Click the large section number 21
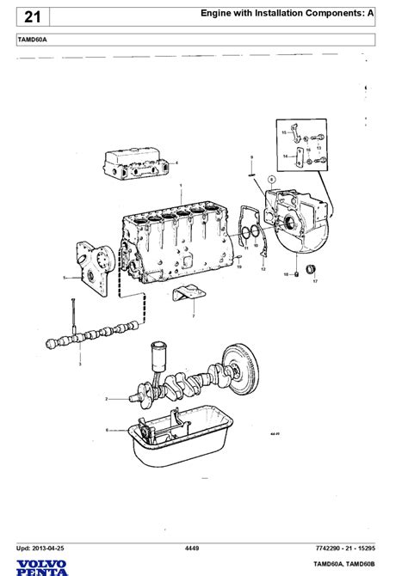[30, 16]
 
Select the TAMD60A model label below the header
[33, 40]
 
